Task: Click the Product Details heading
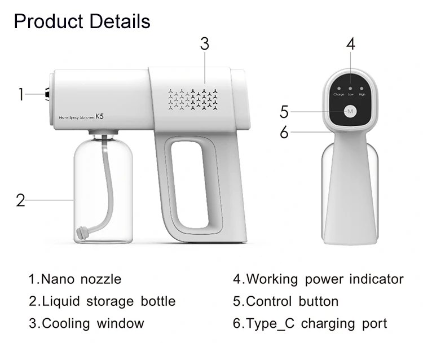(x=82, y=21)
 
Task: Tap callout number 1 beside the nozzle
(x=21, y=94)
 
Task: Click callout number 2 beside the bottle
(x=21, y=200)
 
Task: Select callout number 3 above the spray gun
(x=204, y=44)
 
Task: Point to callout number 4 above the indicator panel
(x=350, y=44)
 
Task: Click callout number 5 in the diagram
(x=284, y=112)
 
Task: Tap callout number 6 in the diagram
(x=284, y=133)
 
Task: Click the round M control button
(x=350, y=111)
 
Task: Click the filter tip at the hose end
(x=82, y=231)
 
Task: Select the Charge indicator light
(x=338, y=89)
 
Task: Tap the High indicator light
(x=362, y=89)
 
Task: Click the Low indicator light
(x=350, y=89)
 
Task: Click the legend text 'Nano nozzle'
(x=75, y=279)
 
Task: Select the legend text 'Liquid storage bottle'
(x=102, y=301)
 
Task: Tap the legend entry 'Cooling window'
(x=86, y=324)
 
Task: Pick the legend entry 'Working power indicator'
(x=319, y=279)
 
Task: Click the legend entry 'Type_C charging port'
(x=310, y=324)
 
